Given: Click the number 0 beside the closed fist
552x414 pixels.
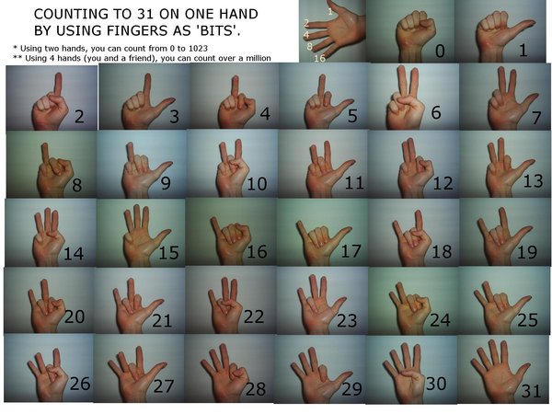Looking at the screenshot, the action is coord(440,51).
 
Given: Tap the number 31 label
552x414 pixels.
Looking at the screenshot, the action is coord(531,391).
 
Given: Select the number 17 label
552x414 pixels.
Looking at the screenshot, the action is coord(351,251).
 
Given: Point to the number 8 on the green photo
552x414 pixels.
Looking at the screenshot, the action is coord(76,185).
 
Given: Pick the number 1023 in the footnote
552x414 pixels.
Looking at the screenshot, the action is coord(197,48).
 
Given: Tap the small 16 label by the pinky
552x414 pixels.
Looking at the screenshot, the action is coord(319,58).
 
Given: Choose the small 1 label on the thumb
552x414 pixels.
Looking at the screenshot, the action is coord(330,11).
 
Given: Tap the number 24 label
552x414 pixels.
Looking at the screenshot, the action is coord(440,319).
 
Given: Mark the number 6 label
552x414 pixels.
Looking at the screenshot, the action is coord(436,112).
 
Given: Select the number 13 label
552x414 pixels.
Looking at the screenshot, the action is coord(533,181).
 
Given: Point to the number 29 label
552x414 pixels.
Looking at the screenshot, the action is coord(351,389).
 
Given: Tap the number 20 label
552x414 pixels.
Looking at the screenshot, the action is coord(75,316).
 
